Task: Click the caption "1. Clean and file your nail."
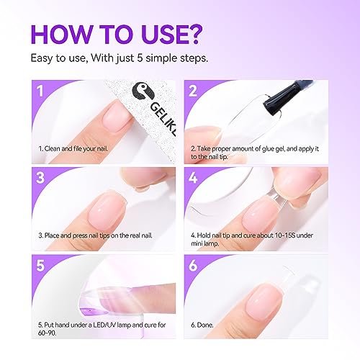pos(81,148)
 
